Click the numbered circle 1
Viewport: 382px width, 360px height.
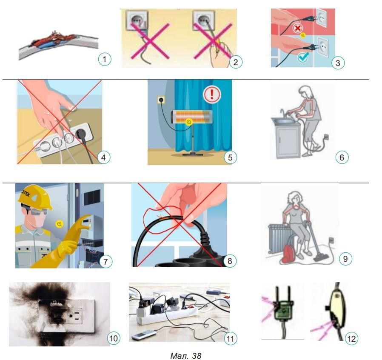click(105, 59)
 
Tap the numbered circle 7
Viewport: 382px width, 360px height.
click(105, 262)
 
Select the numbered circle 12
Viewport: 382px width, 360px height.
click(351, 339)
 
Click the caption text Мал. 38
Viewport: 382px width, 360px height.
click(185, 356)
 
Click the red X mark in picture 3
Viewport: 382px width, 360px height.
click(297, 29)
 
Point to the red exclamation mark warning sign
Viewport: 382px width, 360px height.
click(212, 94)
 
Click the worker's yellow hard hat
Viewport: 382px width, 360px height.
click(34, 197)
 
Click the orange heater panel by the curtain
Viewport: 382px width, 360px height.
click(191, 117)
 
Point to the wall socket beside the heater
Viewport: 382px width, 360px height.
click(161, 100)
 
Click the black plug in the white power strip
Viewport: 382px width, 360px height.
click(80, 133)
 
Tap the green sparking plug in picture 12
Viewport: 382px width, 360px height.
click(283, 309)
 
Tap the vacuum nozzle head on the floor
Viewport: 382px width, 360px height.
click(320, 257)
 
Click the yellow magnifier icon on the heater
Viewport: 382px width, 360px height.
click(189, 122)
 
